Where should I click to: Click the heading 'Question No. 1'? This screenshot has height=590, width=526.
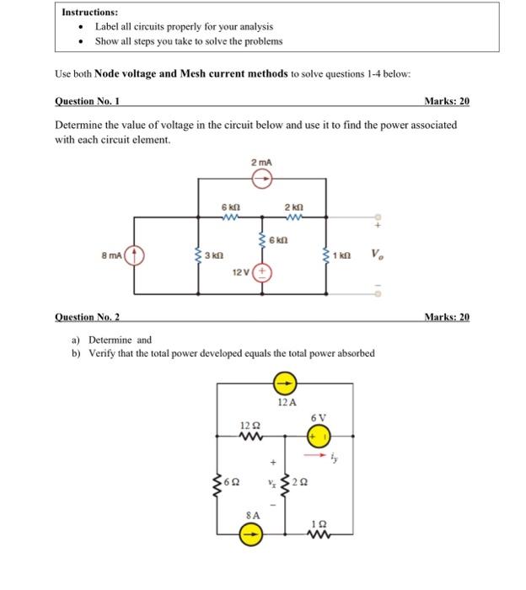[87, 101]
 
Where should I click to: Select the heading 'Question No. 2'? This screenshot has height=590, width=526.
[87, 317]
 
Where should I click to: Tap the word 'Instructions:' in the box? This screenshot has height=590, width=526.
[89, 13]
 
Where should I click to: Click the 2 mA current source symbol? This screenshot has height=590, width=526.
[262, 178]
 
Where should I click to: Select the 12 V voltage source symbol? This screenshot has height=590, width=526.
[262, 271]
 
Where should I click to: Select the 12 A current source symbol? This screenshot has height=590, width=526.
[286, 383]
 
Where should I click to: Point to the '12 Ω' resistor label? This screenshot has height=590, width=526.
[250, 424]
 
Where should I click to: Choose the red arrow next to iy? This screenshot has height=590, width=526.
[319, 456]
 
